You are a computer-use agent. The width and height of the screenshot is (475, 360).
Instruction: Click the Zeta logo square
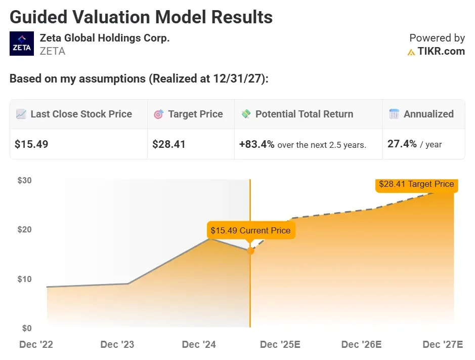pyautogui.click(x=22, y=44)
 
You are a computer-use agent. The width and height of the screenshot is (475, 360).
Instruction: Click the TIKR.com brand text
pyautogui.click(x=441, y=51)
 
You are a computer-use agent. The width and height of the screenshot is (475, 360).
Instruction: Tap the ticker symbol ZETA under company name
pyautogui.click(x=53, y=51)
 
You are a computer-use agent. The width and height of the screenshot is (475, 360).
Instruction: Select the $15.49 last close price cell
pyautogui.click(x=31, y=144)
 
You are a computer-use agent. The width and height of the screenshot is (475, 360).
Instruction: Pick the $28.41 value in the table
pyautogui.click(x=169, y=144)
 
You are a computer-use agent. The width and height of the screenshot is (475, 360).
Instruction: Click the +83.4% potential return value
pyautogui.click(x=256, y=144)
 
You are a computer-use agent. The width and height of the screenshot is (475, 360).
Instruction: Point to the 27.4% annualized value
pyautogui.click(x=402, y=144)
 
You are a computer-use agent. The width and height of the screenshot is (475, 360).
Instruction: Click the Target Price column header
pyautogui.click(x=195, y=114)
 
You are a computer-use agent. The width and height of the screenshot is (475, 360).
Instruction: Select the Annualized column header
pyautogui.click(x=428, y=114)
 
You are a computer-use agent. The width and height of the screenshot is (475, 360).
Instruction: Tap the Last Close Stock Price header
pyautogui.click(x=81, y=114)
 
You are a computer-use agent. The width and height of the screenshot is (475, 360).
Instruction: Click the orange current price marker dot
pyautogui.click(x=250, y=251)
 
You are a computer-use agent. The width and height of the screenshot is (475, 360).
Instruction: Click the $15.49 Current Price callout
pyautogui.click(x=250, y=230)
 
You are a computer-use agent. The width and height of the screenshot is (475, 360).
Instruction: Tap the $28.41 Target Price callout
pyautogui.click(x=416, y=184)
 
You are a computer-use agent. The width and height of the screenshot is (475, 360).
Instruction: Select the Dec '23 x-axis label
pyautogui.click(x=117, y=345)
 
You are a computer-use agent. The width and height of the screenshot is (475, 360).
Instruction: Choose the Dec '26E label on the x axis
pyautogui.click(x=362, y=345)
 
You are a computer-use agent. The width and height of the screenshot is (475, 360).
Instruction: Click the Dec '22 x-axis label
pyautogui.click(x=36, y=345)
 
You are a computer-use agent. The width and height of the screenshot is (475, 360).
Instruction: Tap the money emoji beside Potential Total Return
pyautogui.click(x=246, y=114)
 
